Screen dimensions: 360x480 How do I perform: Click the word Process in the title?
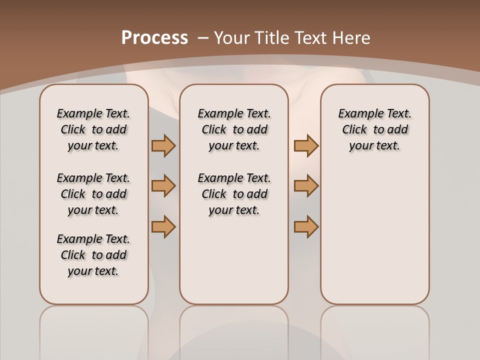tap(154, 37)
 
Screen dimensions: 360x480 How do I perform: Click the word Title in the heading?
tap(272, 37)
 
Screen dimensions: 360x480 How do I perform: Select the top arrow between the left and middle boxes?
tap(163, 145)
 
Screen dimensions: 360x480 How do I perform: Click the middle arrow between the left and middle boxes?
tap(163, 186)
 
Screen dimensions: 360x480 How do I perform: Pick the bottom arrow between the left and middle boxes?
tap(163, 226)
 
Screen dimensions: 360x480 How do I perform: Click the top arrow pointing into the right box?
tap(306, 145)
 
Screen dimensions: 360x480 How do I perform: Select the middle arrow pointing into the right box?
tap(306, 186)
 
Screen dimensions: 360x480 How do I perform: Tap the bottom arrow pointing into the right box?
tap(306, 226)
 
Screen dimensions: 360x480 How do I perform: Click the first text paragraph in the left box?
tap(93, 129)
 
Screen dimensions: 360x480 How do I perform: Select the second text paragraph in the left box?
tap(93, 194)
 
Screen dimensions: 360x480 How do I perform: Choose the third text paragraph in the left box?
tap(93, 255)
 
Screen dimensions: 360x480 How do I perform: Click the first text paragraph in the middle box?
tap(234, 129)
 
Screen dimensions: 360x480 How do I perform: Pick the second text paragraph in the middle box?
tap(234, 194)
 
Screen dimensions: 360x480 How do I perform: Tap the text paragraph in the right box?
tap(374, 129)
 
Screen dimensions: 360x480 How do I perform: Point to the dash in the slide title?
tap(203, 37)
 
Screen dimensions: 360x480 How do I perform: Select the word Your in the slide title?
tap(231, 37)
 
